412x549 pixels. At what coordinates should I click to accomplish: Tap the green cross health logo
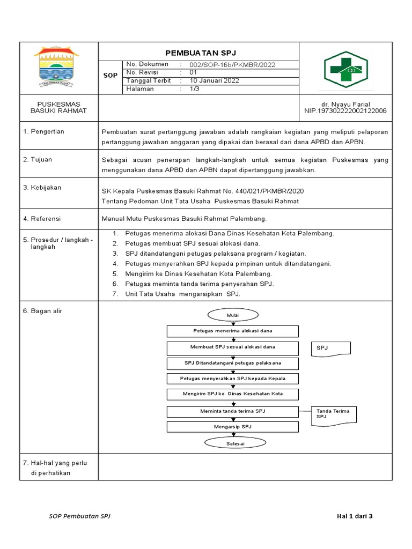(x=345, y=69)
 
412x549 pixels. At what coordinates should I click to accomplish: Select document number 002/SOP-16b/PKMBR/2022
(x=232, y=64)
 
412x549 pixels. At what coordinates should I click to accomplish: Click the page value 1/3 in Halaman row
(x=193, y=89)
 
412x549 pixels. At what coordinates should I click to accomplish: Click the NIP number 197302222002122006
(x=345, y=111)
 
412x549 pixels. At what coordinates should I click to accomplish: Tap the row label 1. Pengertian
(x=43, y=131)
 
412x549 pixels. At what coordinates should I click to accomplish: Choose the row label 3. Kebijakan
(x=42, y=188)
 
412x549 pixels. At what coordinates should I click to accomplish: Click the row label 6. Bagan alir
(x=42, y=311)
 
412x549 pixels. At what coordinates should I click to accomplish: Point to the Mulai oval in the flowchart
(x=233, y=316)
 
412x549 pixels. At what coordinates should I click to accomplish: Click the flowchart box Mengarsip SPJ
(x=233, y=427)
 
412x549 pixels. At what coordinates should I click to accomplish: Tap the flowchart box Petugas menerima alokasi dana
(x=233, y=331)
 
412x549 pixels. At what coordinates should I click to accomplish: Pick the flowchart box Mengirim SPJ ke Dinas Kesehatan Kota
(x=233, y=394)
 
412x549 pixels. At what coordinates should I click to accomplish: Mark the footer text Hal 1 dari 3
(x=354, y=516)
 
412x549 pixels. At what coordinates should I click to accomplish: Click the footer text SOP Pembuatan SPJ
(x=80, y=516)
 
